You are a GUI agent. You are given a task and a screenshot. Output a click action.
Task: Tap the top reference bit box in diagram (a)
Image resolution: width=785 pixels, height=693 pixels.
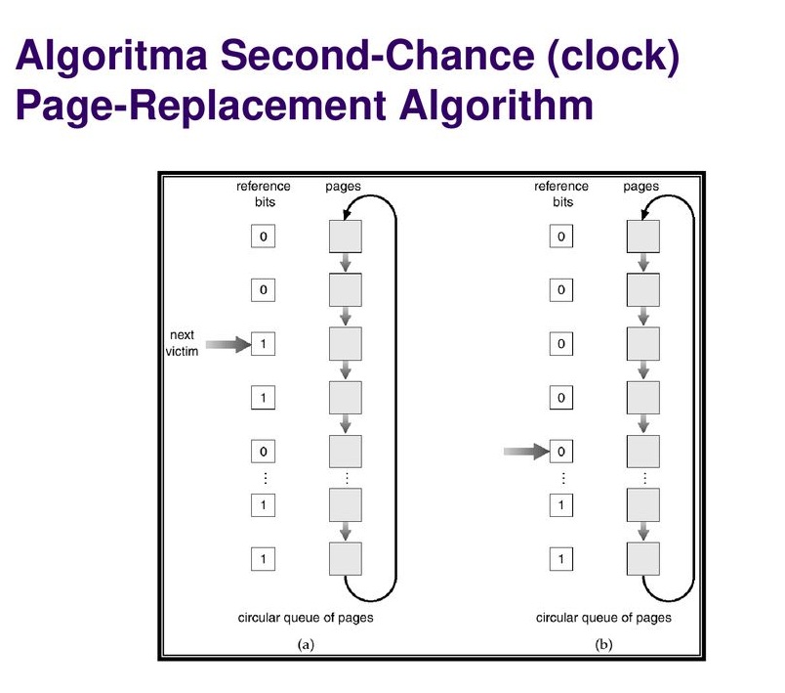(263, 237)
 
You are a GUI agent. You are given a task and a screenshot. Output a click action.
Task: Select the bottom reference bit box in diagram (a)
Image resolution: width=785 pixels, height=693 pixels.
(263, 559)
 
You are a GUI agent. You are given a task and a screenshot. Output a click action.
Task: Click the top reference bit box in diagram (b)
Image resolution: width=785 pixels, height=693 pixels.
(560, 237)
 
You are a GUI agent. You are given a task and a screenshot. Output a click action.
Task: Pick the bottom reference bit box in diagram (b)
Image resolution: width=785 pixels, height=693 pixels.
(560, 559)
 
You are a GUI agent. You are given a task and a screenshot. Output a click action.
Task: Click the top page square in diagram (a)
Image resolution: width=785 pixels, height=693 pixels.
(346, 237)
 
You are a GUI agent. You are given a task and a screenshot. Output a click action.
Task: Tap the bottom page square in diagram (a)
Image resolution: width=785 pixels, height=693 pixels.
(346, 559)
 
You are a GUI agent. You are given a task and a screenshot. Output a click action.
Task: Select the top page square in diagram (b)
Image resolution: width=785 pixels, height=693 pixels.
(643, 237)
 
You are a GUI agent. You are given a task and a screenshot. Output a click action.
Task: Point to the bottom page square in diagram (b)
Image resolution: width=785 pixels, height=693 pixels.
(643, 559)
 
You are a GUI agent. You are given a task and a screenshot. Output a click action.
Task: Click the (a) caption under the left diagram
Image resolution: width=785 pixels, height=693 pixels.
(305, 644)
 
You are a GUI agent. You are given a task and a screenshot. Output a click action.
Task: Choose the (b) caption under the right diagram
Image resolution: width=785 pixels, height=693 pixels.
(602, 644)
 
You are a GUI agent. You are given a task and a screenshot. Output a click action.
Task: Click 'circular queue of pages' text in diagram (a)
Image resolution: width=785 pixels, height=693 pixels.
(306, 618)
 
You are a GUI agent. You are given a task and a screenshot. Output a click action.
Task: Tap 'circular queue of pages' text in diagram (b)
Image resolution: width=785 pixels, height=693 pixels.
(603, 618)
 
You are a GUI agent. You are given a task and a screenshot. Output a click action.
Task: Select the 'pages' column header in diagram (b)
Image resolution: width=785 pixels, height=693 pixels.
(640, 186)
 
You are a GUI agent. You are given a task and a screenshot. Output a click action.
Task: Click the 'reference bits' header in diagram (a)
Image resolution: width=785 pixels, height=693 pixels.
(263, 194)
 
